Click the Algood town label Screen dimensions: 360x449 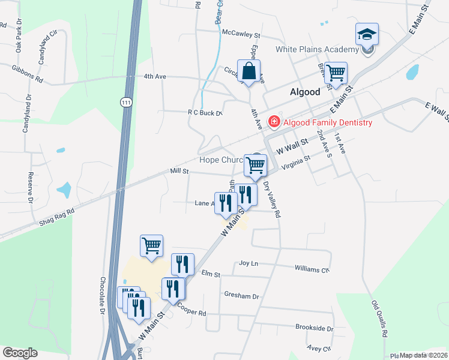pyautogui.click(x=306, y=93)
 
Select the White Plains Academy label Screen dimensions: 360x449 pyautogui.click(x=317, y=49)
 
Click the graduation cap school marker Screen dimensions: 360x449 pyautogui.click(x=367, y=35)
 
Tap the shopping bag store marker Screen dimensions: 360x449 pyautogui.click(x=248, y=72)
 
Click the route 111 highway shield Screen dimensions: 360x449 pyautogui.click(x=125, y=101)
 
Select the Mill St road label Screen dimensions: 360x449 pyautogui.click(x=179, y=172)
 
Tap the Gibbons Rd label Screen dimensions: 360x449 pyautogui.click(x=28, y=74)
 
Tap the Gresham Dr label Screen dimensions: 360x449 pyautogui.click(x=241, y=296)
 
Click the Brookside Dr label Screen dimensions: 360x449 pyautogui.click(x=314, y=328)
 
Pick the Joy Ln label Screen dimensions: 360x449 pyautogui.click(x=248, y=263)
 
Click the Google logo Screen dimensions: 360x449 pyautogui.click(x=20, y=352)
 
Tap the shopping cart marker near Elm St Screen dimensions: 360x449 pyautogui.click(x=151, y=245)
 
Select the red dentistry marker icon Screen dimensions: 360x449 pyautogui.click(x=274, y=122)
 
